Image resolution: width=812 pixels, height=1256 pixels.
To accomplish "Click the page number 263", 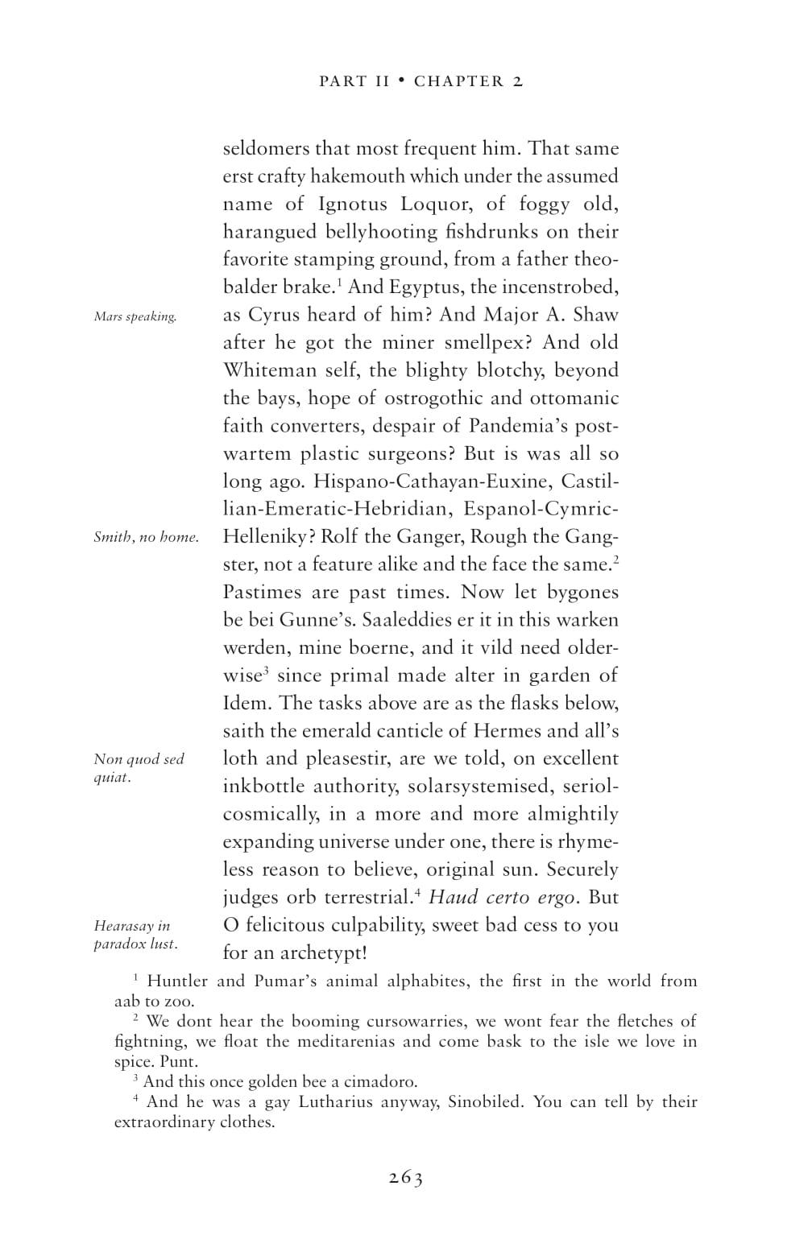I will click(406, 1178).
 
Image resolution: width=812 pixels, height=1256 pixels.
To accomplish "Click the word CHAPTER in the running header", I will click(459, 81).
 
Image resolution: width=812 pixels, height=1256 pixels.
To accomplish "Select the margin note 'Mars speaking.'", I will click(135, 316).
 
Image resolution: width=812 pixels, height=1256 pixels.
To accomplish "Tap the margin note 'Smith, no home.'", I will click(146, 537).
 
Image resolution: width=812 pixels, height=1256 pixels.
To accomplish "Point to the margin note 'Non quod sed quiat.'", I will click(139, 768).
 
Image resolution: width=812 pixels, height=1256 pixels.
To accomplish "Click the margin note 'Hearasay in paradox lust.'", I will click(135, 935).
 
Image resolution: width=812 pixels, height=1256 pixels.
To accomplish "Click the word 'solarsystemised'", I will click(481, 787).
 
